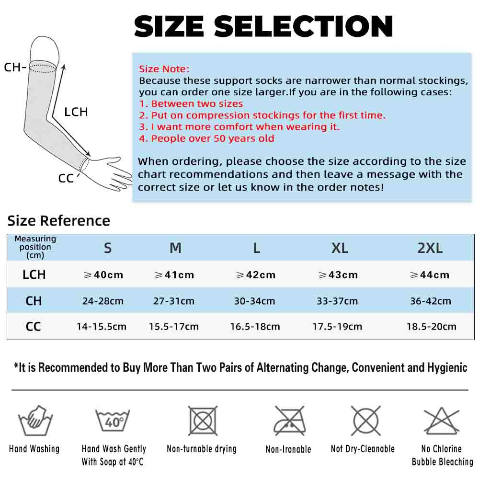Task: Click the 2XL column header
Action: click(x=430, y=248)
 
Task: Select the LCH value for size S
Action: click(x=103, y=274)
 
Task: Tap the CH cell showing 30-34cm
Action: click(x=254, y=301)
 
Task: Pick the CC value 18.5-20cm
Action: click(x=432, y=327)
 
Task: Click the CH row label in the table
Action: click(x=34, y=301)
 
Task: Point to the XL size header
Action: click(x=340, y=248)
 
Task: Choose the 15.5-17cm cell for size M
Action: click(x=174, y=327)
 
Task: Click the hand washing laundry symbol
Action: click(x=35, y=421)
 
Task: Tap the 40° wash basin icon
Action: click(x=113, y=421)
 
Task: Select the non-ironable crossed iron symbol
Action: click(x=289, y=421)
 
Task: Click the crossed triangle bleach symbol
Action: click(x=442, y=421)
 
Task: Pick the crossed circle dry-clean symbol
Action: click(x=366, y=421)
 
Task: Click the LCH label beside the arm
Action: click(x=76, y=112)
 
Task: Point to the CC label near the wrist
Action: click(x=66, y=178)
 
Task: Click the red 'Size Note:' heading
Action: click(x=164, y=69)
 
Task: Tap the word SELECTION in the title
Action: click(x=303, y=26)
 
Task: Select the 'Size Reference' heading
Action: click(x=58, y=220)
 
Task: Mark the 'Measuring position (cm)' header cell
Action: click(x=35, y=247)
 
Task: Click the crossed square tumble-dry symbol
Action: click(x=203, y=421)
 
